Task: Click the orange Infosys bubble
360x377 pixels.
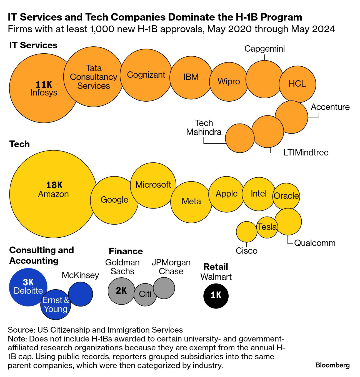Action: click(42, 89)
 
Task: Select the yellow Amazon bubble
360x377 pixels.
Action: click(53, 194)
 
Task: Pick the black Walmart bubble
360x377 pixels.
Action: click(216, 295)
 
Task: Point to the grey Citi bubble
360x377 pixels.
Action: click(145, 294)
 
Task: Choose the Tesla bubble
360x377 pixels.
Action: click(267, 227)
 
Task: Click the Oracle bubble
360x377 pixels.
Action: click(286, 196)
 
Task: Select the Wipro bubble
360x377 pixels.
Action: click(228, 81)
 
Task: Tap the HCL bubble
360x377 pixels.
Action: click(297, 84)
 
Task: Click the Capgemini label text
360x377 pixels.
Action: click(264, 49)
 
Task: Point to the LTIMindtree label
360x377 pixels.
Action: click(306, 152)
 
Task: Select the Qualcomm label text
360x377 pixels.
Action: click(315, 243)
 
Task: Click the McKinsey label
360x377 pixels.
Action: click(80, 275)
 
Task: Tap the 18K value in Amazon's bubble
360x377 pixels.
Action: click(54, 185)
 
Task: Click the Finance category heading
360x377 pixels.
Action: click(126, 251)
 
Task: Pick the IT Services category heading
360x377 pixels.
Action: click(33, 45)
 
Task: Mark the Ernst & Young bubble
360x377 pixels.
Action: click(56, 305)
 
